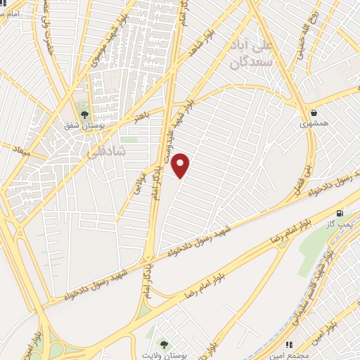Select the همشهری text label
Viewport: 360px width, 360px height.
tap(314, 124)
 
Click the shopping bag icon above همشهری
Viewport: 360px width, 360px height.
tap(314, 112)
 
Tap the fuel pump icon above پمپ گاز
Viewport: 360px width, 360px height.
tap(340, 213)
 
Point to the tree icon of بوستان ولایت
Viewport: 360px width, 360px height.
tap(164, 345)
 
